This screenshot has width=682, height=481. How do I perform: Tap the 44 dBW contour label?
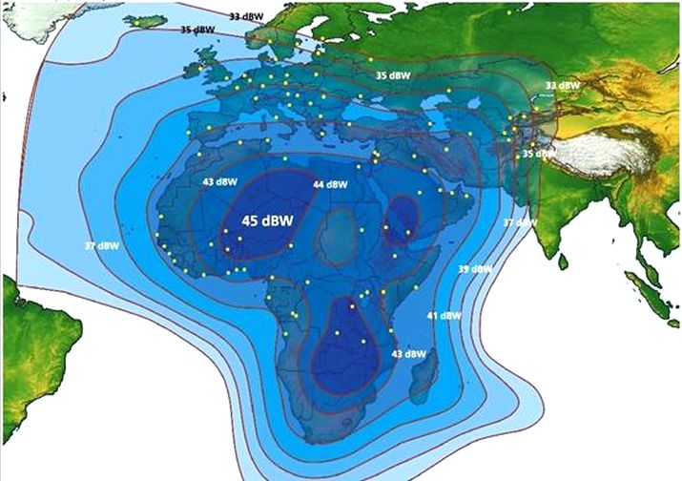[x=329, y=183]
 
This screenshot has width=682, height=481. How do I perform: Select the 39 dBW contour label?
[x=475, y=269]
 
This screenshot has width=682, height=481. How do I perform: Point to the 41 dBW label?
[x=444, y=316]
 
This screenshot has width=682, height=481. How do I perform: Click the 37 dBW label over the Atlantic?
[x=102, y=245]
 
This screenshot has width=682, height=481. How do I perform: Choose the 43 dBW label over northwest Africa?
[x=220, y=181]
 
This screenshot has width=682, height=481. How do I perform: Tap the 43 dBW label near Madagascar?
[x=409, y=353]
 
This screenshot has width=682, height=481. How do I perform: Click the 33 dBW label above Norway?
[x=247, y=16]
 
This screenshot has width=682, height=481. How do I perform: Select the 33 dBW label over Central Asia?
[x=562, y=86]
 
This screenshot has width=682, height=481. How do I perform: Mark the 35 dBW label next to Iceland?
[x=197, y=31]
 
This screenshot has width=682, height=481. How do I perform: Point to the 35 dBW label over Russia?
[x=393, y=74]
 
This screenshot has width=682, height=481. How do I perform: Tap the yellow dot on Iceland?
[x=138, y=22]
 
